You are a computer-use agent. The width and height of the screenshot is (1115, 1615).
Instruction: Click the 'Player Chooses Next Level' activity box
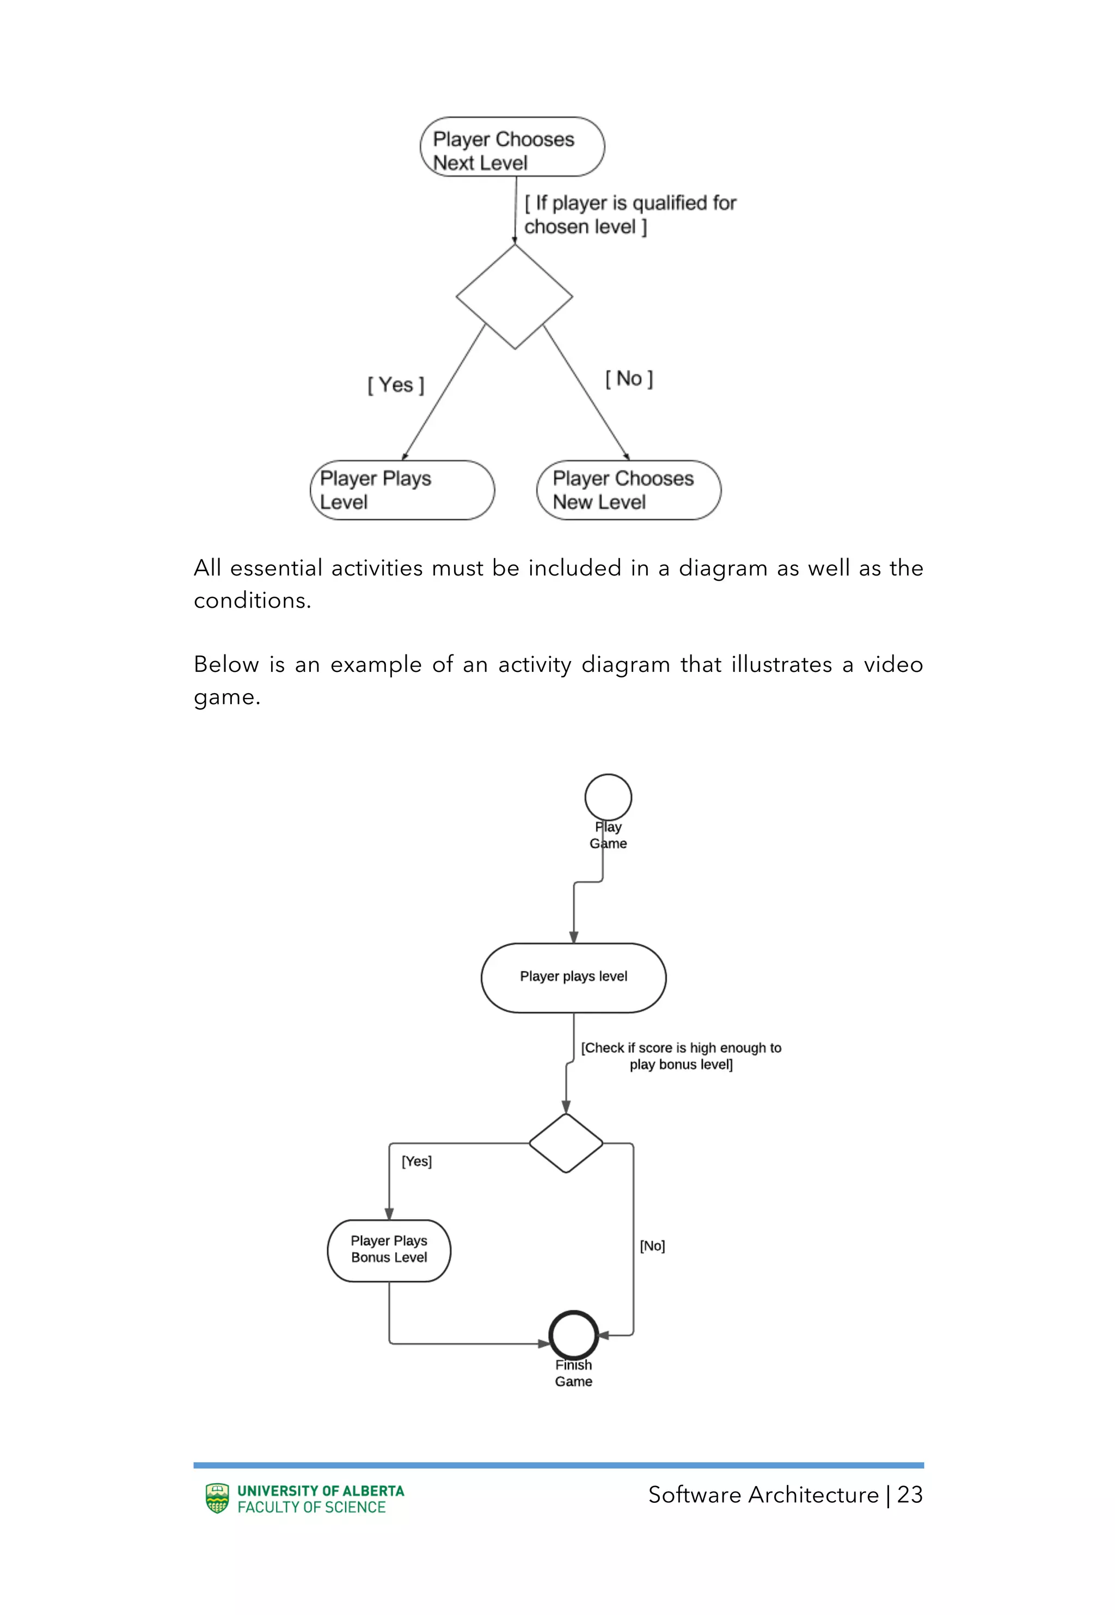pos(512,146)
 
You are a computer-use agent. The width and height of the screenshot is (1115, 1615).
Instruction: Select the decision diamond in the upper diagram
pos(514,297)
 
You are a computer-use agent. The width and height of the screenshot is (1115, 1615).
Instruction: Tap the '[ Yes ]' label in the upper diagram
pos(395,385)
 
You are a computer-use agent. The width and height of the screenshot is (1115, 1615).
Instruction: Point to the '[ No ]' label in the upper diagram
pos(629,378)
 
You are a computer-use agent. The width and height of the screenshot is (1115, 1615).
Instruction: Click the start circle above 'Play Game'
pos(608,796)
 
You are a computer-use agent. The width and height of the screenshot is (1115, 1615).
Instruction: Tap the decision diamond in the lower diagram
pos(566,1143)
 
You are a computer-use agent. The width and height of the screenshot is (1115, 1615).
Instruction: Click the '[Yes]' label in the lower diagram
pos(416,1161)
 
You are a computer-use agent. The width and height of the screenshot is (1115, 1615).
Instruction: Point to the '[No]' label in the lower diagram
pos(652,1245)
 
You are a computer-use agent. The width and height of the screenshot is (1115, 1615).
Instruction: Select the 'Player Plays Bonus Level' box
pos(389,1250)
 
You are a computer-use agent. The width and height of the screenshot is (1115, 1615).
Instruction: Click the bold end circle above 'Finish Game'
pos(574,1335)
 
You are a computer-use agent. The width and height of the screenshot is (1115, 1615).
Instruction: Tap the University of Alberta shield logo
pos(217,1498)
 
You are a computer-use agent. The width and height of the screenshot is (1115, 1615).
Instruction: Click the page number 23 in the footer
pos(910,1495)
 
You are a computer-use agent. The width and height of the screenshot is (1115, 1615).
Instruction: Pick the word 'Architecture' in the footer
pos(814,1495)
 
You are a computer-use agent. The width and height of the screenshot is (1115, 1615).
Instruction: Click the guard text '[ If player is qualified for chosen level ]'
pos(629,215)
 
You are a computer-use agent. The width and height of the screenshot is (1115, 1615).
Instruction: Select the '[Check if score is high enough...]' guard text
pos(681,1055)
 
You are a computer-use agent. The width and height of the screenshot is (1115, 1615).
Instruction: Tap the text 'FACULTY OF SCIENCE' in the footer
pos(311,1507)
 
